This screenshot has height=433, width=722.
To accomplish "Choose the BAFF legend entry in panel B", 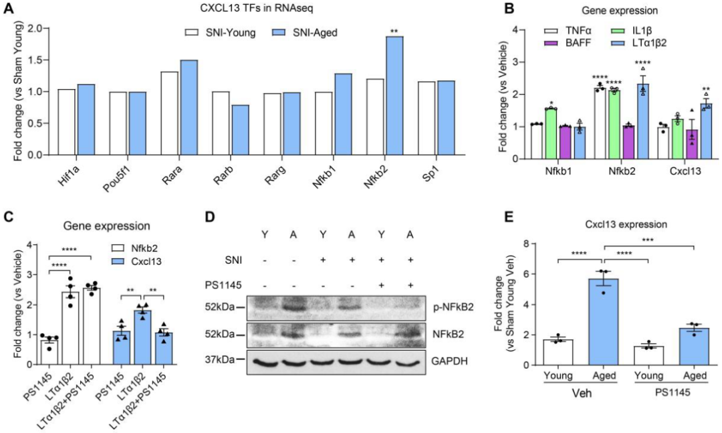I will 570,43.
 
